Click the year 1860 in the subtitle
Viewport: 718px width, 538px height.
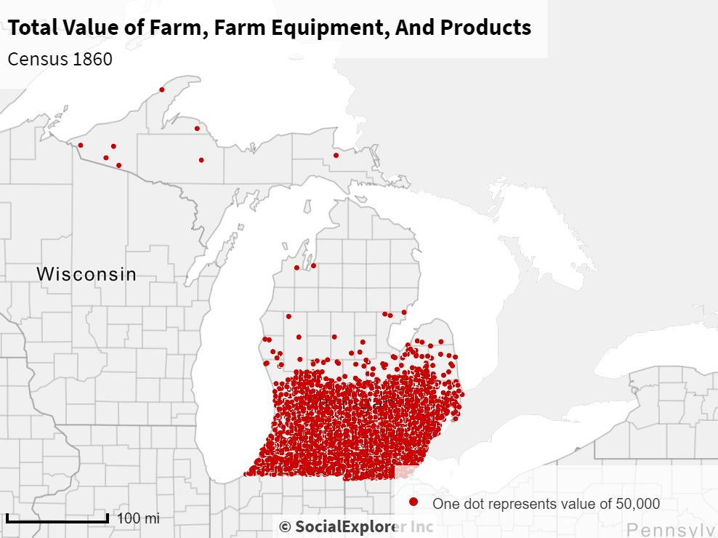[92, 59]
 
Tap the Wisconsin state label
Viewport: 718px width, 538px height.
[86, 274]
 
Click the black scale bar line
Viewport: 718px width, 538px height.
[57, 519]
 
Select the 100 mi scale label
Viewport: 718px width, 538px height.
[137, 518]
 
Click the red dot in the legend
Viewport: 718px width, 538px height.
[414, 502]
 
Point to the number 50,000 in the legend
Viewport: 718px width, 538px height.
[637, 503]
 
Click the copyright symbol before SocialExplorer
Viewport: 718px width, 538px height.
[285, 526]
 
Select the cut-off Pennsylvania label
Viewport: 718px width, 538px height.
[671, 529]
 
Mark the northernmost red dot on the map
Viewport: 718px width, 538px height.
[161, 90]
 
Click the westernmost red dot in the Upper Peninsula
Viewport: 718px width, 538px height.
[80, 145]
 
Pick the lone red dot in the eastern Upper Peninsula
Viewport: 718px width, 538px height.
[336, 155]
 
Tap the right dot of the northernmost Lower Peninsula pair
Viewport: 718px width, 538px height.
[313, 265]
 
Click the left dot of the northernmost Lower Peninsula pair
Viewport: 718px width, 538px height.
[297, 268]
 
